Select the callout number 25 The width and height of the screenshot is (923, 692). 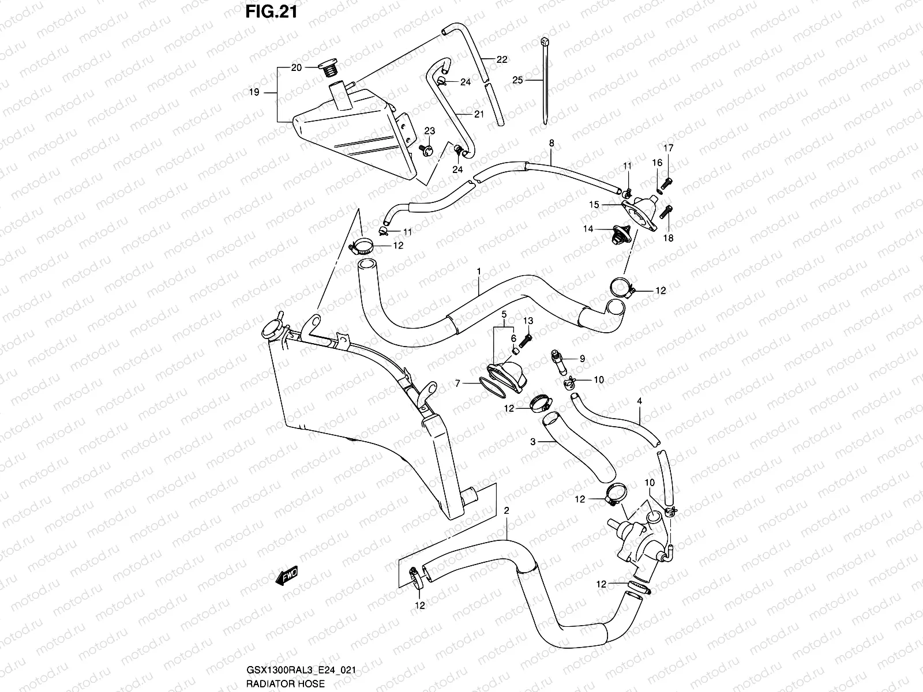click(517, 81)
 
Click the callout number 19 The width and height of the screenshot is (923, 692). click(254, 92)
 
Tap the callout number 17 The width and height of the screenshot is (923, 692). click(669, 148)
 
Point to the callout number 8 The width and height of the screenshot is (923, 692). click(551, 142)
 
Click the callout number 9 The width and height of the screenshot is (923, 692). click(583, 359)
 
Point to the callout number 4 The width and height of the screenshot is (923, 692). click(639, 400)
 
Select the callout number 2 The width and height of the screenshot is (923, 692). click(506, 511)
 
